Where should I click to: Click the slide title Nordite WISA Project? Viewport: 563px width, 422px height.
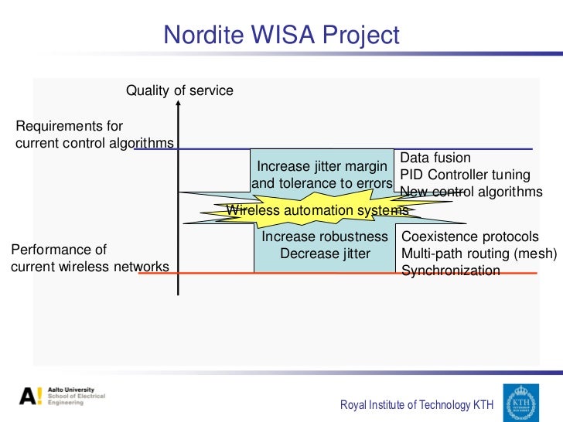281,35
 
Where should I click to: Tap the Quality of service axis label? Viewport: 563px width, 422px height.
179,91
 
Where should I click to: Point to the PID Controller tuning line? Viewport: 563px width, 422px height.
465,175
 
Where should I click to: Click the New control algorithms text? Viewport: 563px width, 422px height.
471,192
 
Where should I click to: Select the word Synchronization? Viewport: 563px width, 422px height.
450,271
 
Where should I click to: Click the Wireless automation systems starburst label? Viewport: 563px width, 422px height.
316,210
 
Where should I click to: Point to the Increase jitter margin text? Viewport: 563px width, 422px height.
322,166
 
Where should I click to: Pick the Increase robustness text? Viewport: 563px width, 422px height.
325,237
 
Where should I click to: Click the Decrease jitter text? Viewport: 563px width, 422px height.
325,254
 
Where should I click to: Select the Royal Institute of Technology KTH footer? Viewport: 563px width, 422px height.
417,405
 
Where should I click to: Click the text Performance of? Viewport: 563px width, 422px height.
59,250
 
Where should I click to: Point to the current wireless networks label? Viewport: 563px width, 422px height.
90,267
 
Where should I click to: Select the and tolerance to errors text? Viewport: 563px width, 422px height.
322,183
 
